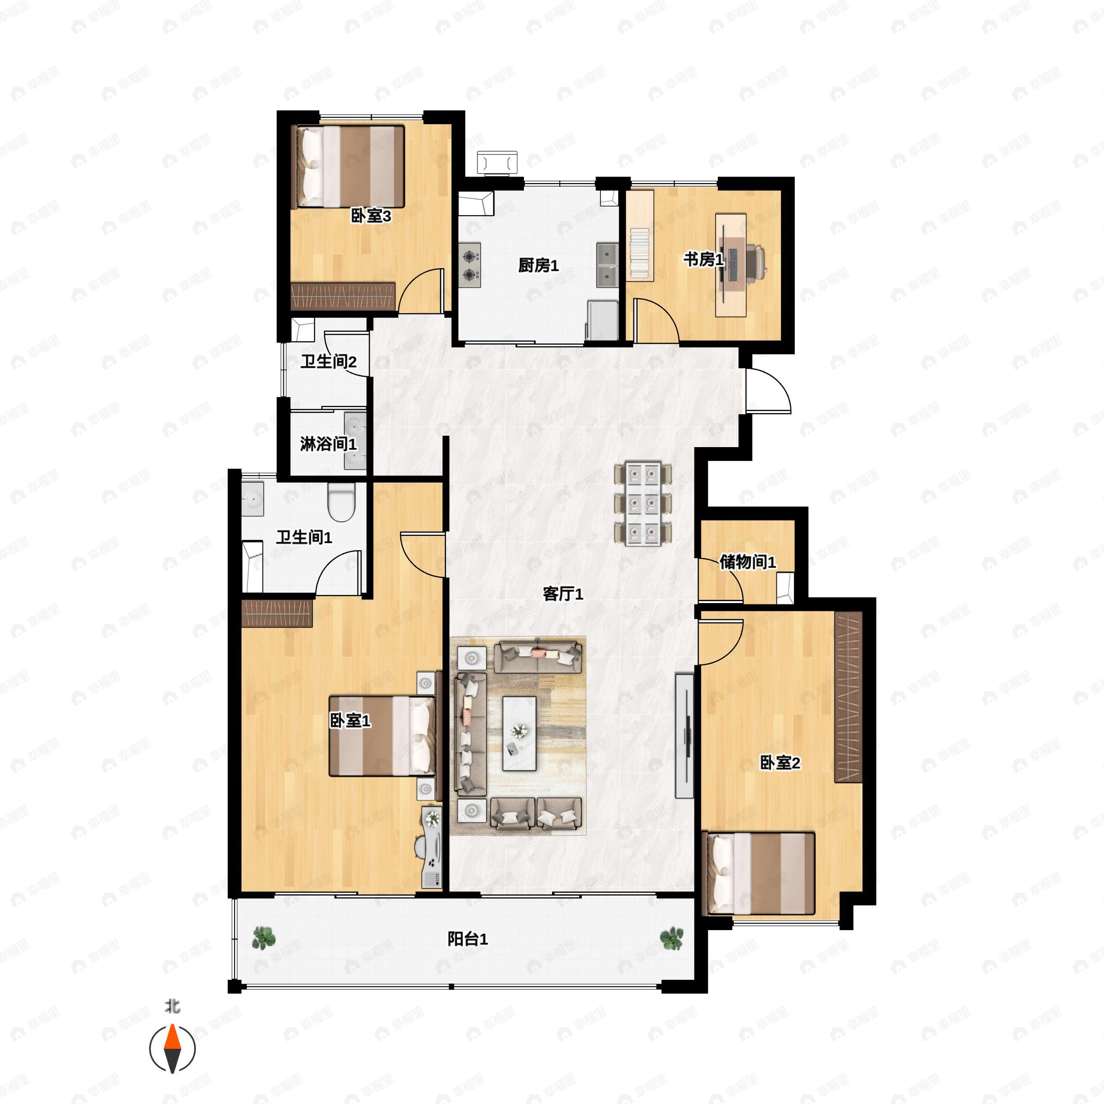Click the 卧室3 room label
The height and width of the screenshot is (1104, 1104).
(370, 216)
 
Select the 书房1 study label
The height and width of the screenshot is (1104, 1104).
(703, 259)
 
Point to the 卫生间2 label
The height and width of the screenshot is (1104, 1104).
(328, 361)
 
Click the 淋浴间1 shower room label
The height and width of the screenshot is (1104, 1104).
(328, 443)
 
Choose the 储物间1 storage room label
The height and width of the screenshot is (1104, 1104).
(747, 562)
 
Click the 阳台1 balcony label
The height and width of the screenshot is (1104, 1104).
(467, 939)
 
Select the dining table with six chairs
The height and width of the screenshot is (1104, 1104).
(643, 503)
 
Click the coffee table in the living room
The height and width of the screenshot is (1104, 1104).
(519, 733)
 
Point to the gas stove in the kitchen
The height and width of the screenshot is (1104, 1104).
(470, 265)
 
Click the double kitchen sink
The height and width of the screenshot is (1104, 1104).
(607, 265)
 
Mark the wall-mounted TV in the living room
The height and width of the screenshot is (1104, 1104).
(685, 736)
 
